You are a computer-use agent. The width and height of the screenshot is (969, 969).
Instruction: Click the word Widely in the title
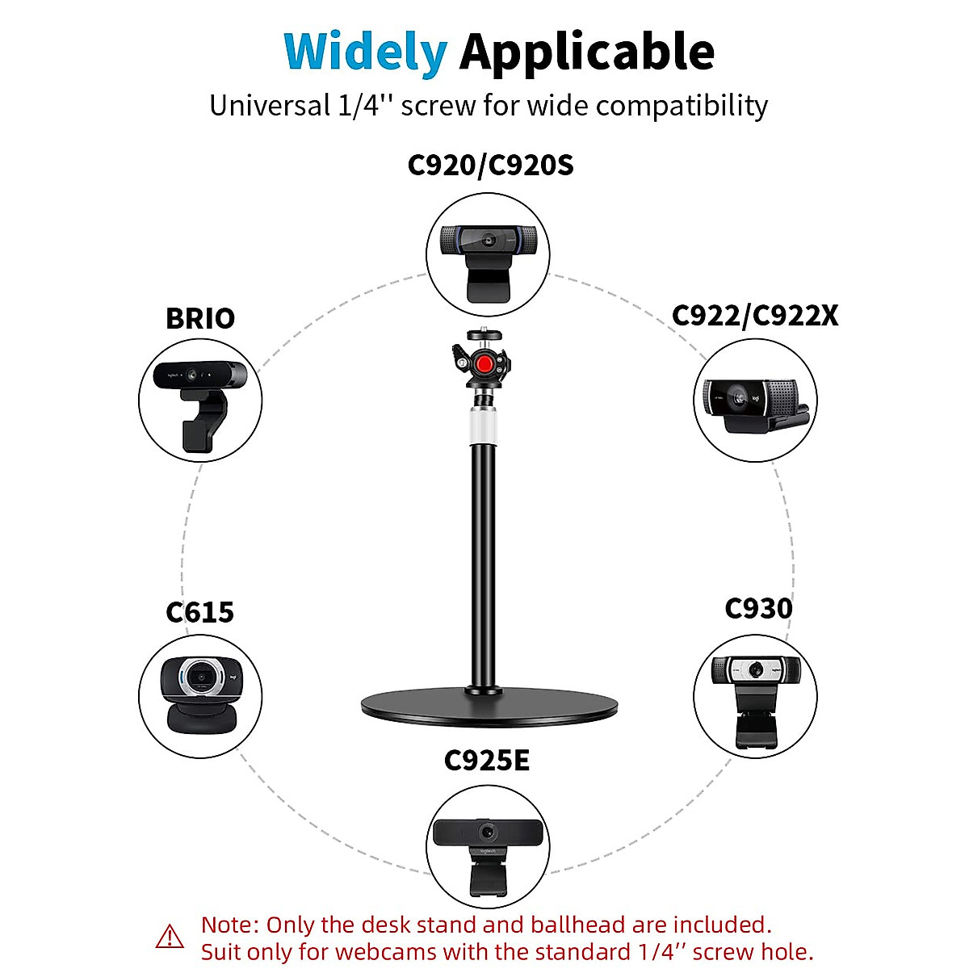tap(365, 52)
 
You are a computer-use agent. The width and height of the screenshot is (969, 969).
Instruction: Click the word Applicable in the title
tap(587, 52)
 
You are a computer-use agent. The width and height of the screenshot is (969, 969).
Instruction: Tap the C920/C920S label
tap(490, 165)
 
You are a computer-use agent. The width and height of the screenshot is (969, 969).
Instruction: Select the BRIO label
tap(200, 318)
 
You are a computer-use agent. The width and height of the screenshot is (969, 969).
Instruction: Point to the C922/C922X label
tap(755, 315)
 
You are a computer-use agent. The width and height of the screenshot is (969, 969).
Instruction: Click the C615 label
tap(199, 612)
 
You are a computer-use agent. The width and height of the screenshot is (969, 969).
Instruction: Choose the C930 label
tap(758, 608)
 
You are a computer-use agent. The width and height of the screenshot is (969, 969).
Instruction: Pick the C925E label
tap(487, 760)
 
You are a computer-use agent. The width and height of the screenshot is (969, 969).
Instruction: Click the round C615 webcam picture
tap(200, 694)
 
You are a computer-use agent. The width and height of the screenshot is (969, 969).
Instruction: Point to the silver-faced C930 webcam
tap(756, 696)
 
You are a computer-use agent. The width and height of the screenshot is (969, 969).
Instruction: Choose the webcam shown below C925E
tap(487, 853)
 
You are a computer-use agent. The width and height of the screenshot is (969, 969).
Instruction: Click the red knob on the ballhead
tap(484, 365)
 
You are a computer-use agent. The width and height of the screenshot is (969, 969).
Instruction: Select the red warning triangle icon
tap(170, 937)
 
